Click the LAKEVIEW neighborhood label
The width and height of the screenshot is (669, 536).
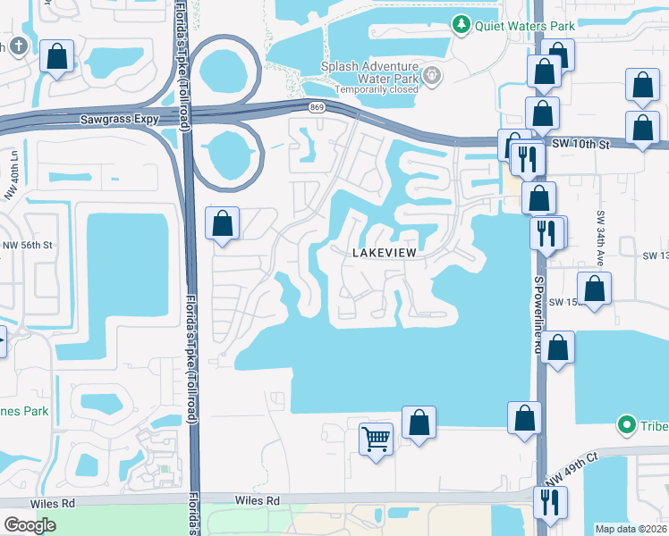click(x=384, y=254)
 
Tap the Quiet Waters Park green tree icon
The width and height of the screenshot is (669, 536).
click(x=462, y=25)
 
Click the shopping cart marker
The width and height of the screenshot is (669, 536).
click(x=377, y=439)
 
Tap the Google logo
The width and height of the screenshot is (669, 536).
click(x=30, y=525)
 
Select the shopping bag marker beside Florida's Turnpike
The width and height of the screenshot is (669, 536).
click(x=223, y=223)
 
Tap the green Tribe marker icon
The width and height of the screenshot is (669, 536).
click(x=628, y=424)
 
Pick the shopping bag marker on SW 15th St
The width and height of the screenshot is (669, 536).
click(x=594, y=289)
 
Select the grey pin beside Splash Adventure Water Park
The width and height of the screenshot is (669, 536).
click(x=434, y=73)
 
